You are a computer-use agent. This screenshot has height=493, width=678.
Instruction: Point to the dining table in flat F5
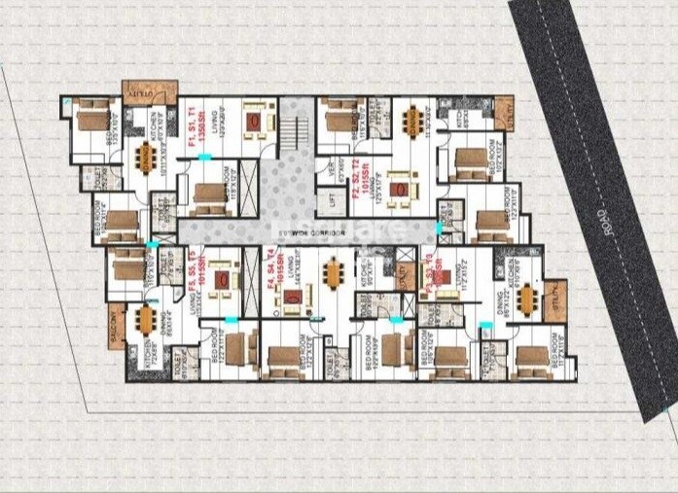[147, 320]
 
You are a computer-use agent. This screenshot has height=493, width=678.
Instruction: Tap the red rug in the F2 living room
[398, 191]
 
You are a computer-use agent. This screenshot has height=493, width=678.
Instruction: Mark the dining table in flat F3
[527, 297]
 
